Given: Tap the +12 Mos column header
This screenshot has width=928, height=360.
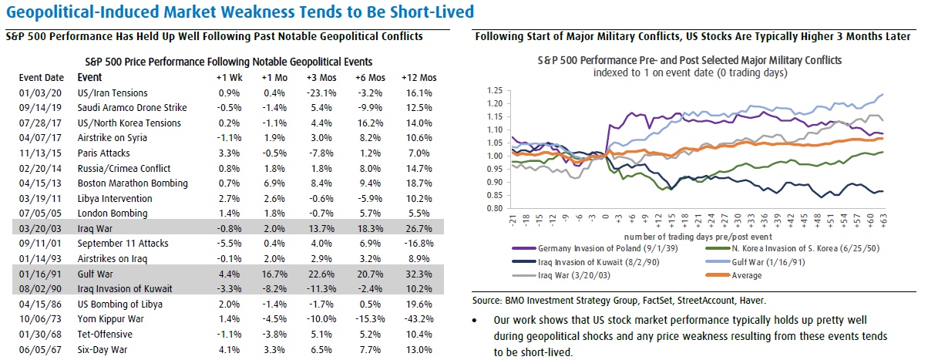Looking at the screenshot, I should [419, 78].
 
